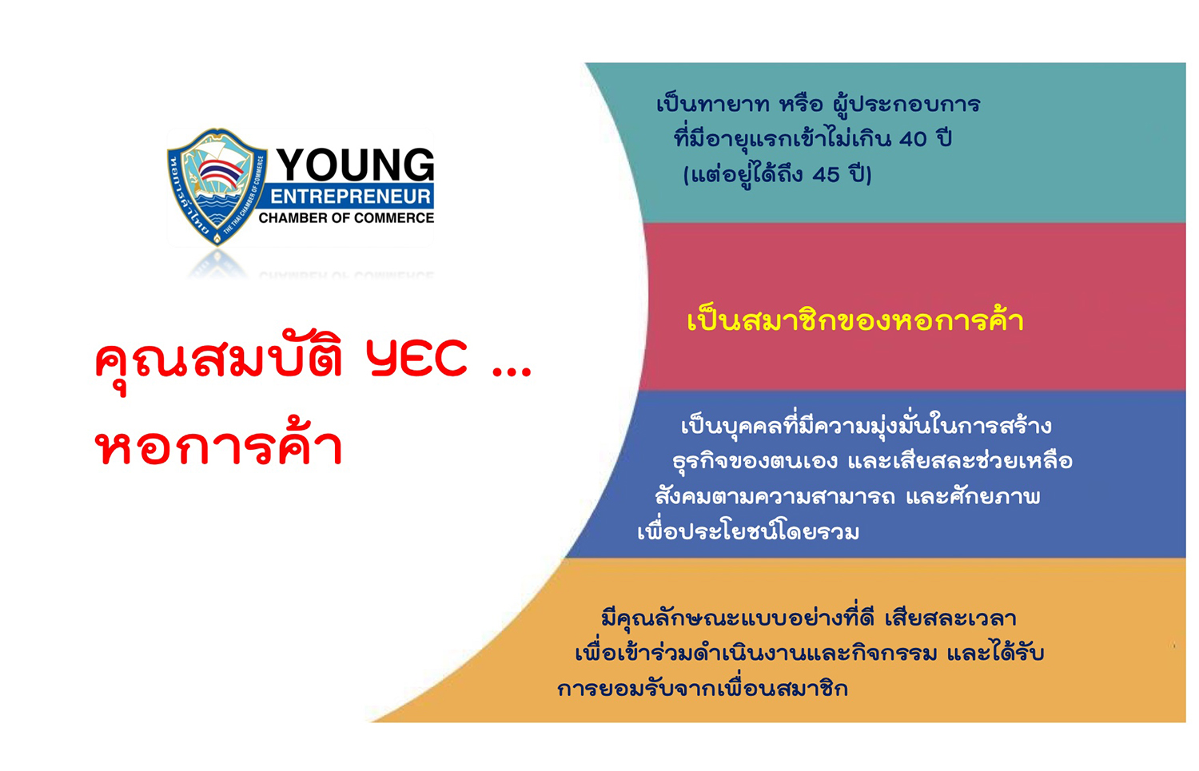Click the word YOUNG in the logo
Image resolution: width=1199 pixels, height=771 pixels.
(355, 165)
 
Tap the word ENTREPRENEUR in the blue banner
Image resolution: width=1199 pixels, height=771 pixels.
(350, 197)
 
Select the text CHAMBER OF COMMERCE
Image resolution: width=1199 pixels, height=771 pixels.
(346, 218)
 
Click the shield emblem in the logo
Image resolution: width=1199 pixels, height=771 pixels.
(217, 185)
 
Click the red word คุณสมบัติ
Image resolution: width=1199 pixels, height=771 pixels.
(220, 360)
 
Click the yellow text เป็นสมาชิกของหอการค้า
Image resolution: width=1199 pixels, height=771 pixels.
(855, 321)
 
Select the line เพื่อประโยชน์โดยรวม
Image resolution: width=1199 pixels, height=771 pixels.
(748, 532)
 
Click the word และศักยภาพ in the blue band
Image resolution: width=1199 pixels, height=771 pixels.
(973, 497)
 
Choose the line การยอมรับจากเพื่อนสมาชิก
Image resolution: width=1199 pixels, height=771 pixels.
(703, 689)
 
